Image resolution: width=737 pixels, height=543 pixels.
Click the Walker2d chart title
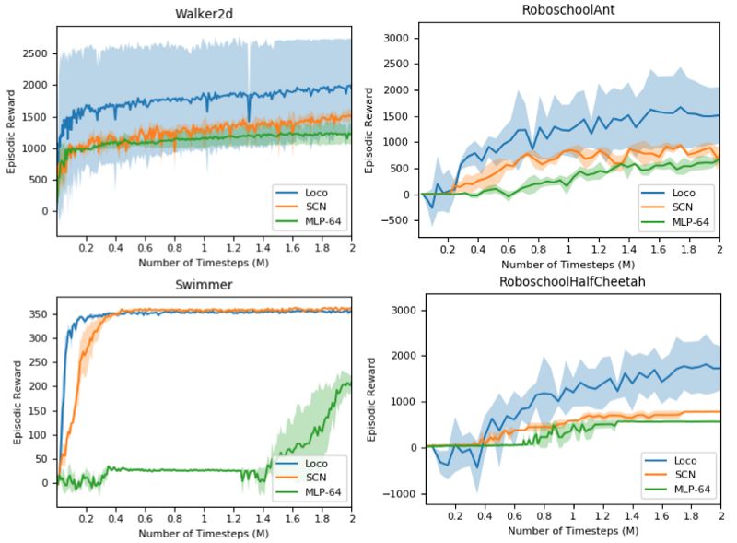point(202,14)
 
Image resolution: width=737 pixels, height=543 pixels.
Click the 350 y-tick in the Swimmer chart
point(41,313)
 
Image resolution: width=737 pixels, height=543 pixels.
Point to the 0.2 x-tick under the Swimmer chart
point(86,519)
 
